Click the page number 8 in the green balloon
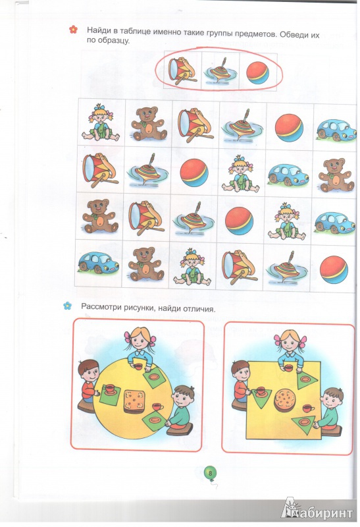click(x=211, y=473)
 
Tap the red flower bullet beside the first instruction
click(x=73, y=30)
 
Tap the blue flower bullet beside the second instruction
click(x=68, y=306)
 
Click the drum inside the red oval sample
click(x=182, y=70)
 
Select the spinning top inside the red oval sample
click(x=220, y=71)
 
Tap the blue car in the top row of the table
click(x=336, y=129)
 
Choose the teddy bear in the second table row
click(x=336, y=175)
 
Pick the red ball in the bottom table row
click(x=334, y=269)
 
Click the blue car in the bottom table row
click(x=99, y=262)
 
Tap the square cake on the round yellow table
click(x=136, y=401)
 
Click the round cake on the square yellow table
click(x=286, y=401)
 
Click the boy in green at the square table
click(x=328, y=411)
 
